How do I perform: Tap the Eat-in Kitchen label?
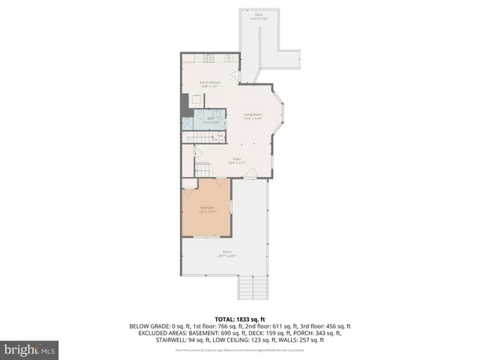click(209, 83)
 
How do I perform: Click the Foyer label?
click(236, 160)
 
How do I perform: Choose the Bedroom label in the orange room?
click(206, 209)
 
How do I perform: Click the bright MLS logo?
click(30, 349)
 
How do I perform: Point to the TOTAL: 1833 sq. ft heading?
click(240, 319)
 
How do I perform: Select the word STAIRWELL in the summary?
click(172, 340)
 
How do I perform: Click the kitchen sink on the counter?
click(229, 59)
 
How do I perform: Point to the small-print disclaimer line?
click(240, 349)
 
